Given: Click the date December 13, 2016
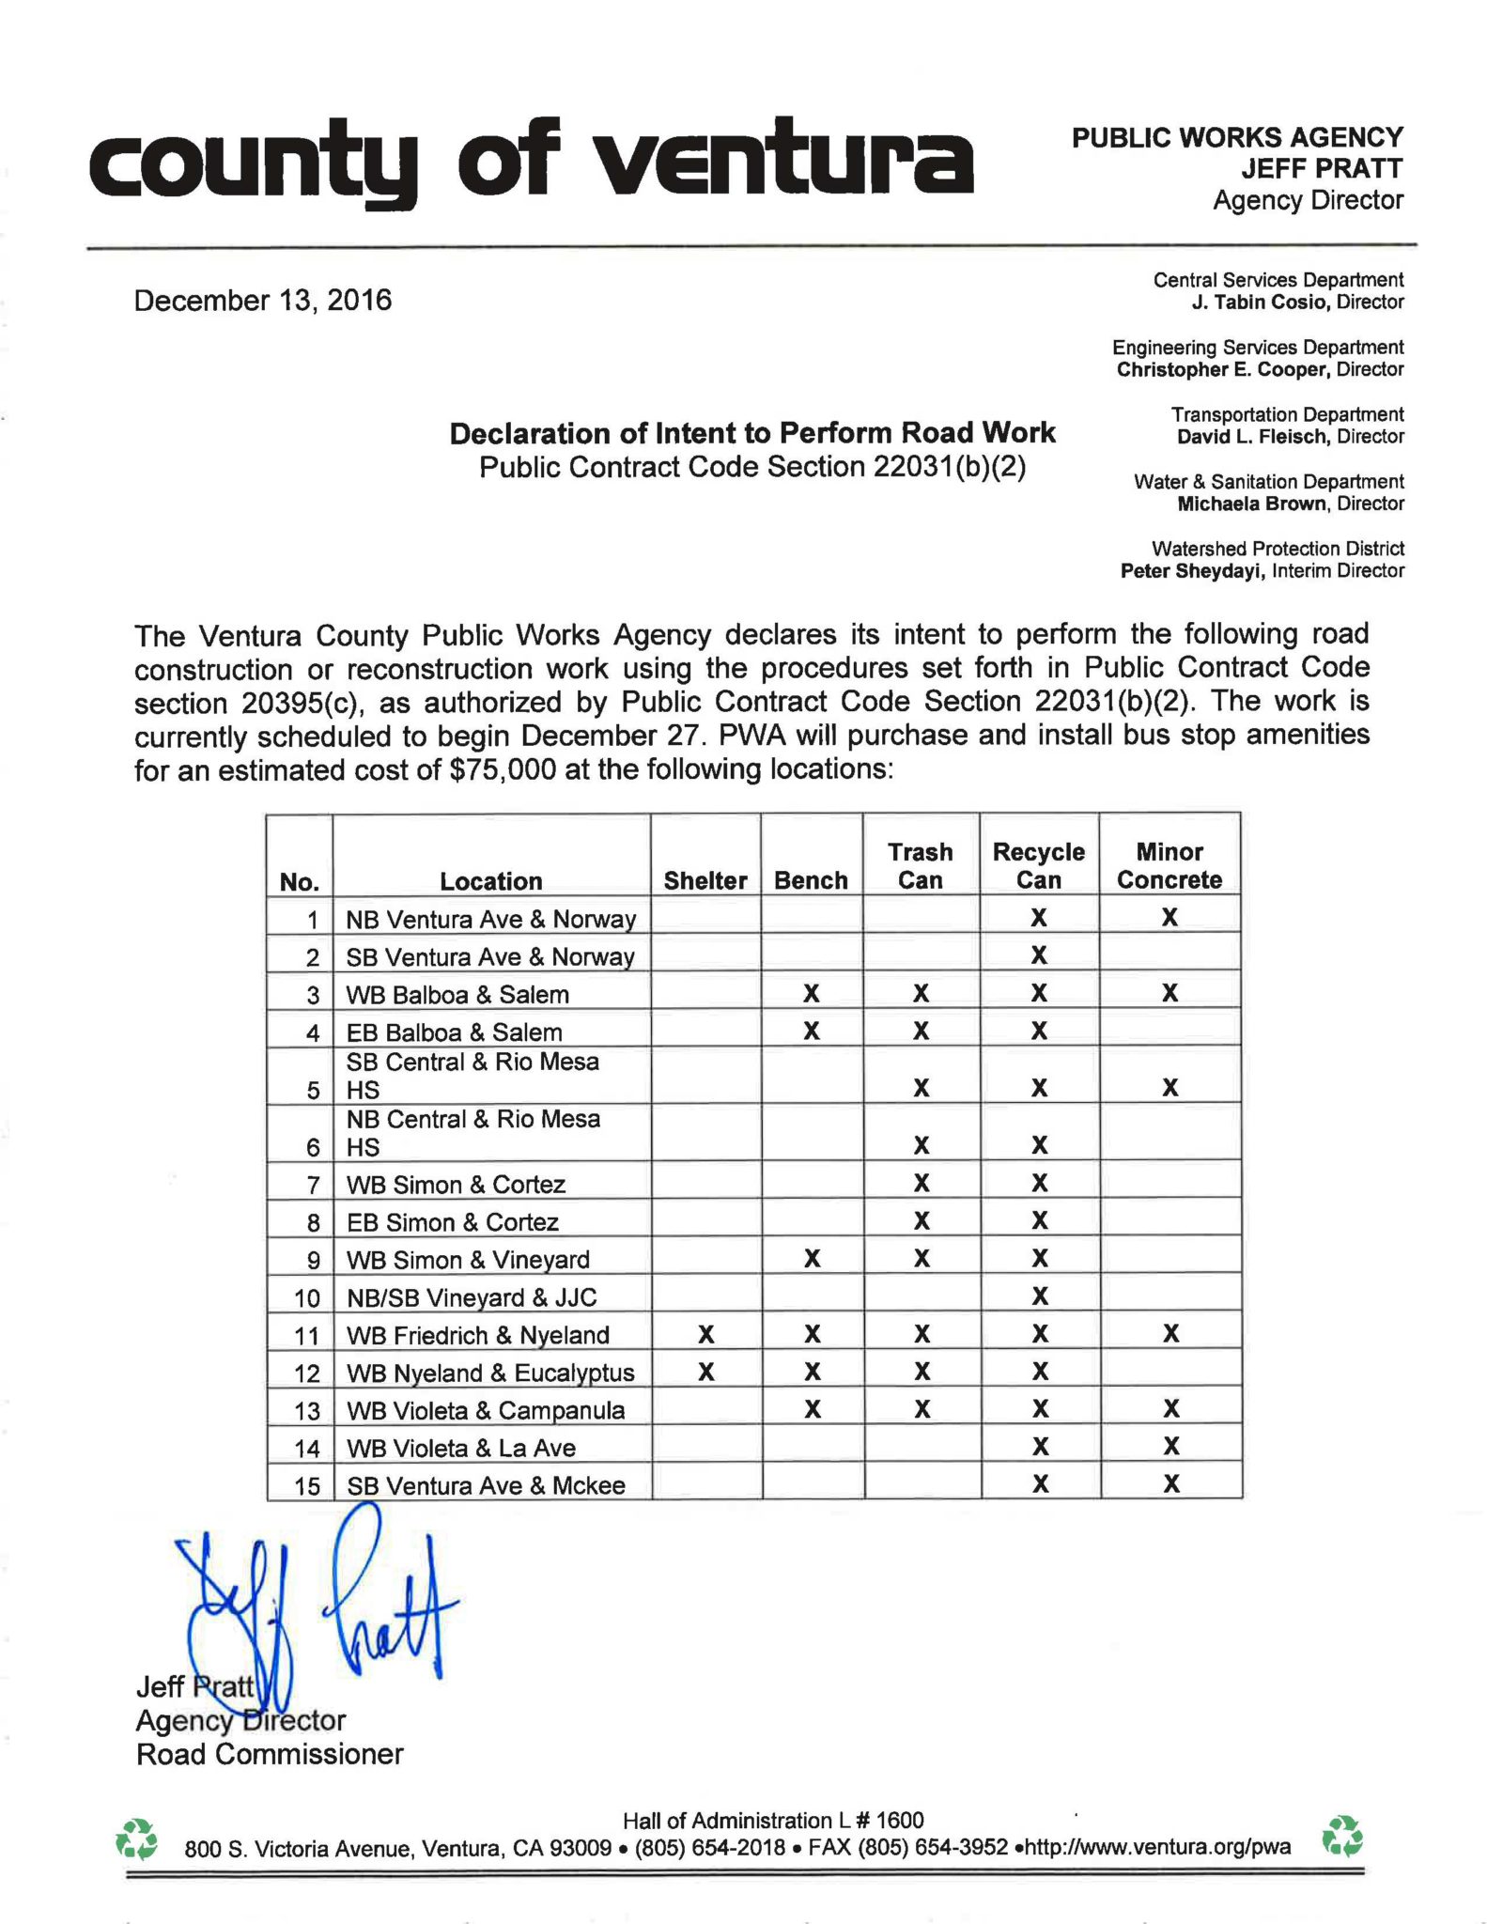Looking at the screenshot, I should (x=263, y=301).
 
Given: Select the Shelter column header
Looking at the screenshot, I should (x=705, y=880).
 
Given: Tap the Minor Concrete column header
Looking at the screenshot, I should (x=1169, y=865).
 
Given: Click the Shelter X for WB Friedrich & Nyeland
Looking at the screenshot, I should (x=706, y=1334).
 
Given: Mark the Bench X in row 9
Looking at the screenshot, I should (x=813, y=1259).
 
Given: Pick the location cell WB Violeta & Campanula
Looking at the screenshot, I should (x=485, y=1410).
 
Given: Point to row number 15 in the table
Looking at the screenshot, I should (x=307, y=1486).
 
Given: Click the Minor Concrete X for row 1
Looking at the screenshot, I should (x=1169, y=918).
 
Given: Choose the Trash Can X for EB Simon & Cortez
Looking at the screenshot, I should (x=922, y=1221).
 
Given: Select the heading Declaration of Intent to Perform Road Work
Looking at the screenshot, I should (x=751, y=433).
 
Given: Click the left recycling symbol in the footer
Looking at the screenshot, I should (x=136, y=1839).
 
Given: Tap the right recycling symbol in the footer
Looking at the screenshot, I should (x=1341, y=1837).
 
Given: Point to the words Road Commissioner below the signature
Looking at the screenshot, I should (x=270, y=1754).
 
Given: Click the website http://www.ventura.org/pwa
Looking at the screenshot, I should (x=1157, y=1847).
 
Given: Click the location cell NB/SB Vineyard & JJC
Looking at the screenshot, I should (x=472, y=1297).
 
